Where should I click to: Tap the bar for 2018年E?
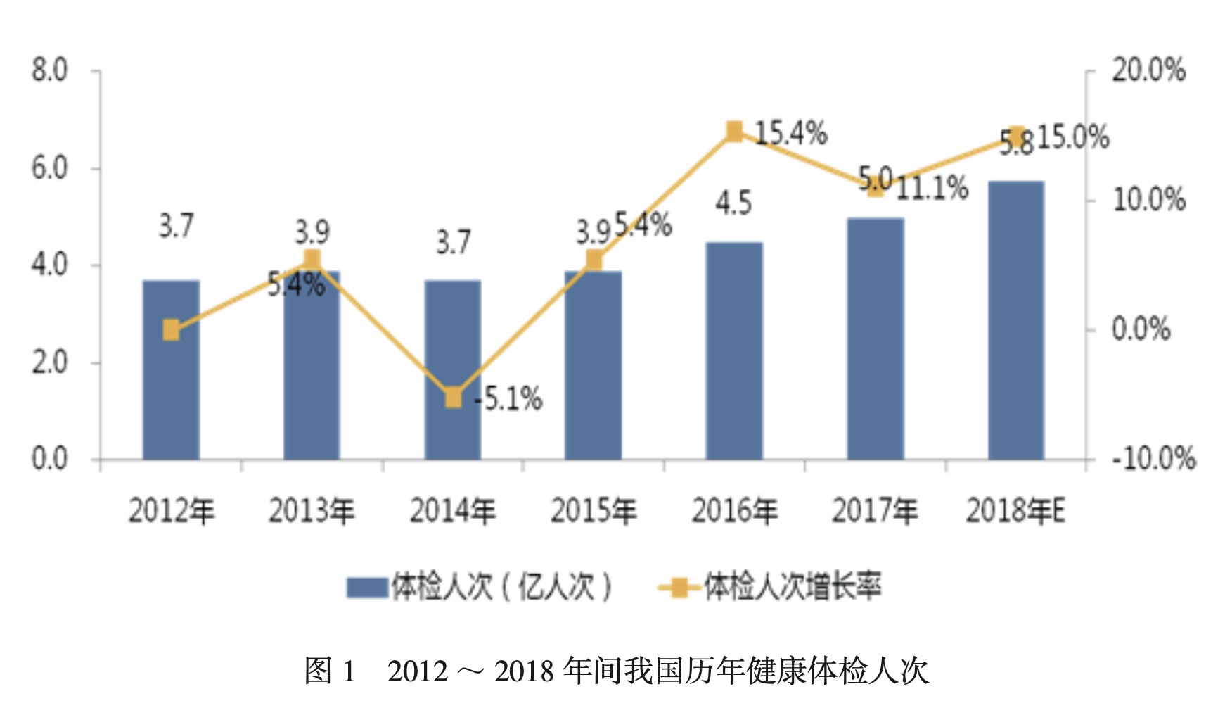click(x=1015, y=320)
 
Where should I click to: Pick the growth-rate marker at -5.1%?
click(x=454, y=398)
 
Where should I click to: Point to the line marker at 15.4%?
click(x=734, y=132)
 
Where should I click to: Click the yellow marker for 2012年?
click(x=171, y=329)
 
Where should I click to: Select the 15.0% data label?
click(x=1073, y=137)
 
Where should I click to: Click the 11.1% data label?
click(x=932, y=188)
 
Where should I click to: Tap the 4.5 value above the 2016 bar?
click(x=733, y=203)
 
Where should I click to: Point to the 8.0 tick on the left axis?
click(x=49, y=70)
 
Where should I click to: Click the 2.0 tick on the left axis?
click(x=49, y=362)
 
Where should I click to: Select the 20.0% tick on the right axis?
click(x=1148, y=70)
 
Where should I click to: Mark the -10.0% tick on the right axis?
click(x=1153, y=459)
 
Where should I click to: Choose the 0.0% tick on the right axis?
click(x=1141, y=329)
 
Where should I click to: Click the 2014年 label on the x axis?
click(x=453, y=511)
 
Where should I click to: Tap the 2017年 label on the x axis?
click(x=875, y=511)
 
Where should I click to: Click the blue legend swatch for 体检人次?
click(x=367, y=587)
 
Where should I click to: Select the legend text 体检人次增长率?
click(x=793, y=587)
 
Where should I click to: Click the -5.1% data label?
click(x=508, y=399)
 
